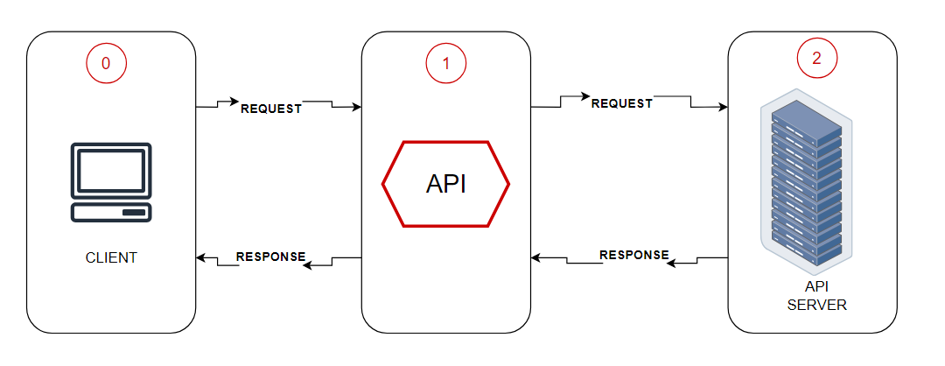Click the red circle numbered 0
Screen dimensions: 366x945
106,62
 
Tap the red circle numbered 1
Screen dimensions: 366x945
445,62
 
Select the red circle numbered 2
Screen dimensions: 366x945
816,59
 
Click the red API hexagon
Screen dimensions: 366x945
445,183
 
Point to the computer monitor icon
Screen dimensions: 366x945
111,171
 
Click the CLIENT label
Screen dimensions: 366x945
111,257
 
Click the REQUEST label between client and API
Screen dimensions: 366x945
271,109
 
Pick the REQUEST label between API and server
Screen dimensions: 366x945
622,102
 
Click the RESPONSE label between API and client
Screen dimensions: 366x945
271,257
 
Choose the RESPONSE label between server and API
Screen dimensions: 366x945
634,255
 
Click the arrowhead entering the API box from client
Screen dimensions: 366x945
356,107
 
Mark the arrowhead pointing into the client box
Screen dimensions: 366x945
200,258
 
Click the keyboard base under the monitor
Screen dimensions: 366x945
111,213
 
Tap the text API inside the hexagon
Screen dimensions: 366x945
445,184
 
